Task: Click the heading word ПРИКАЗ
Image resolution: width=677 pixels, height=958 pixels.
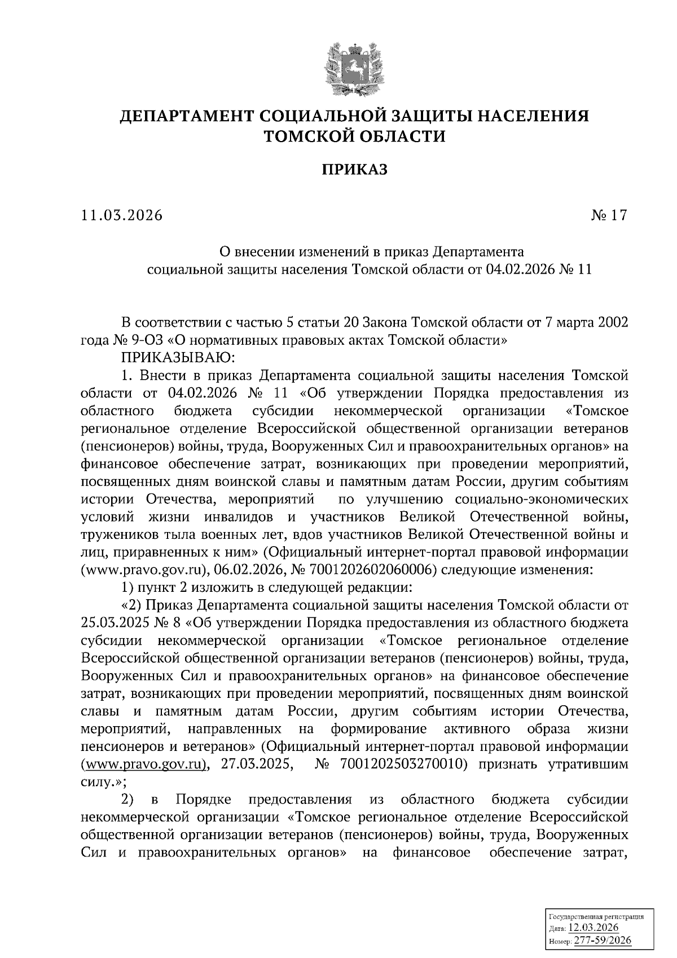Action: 355,169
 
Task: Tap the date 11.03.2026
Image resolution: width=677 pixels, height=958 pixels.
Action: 121,216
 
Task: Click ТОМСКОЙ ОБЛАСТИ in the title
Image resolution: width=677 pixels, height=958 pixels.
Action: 355,136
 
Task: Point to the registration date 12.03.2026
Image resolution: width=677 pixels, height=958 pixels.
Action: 594,928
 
